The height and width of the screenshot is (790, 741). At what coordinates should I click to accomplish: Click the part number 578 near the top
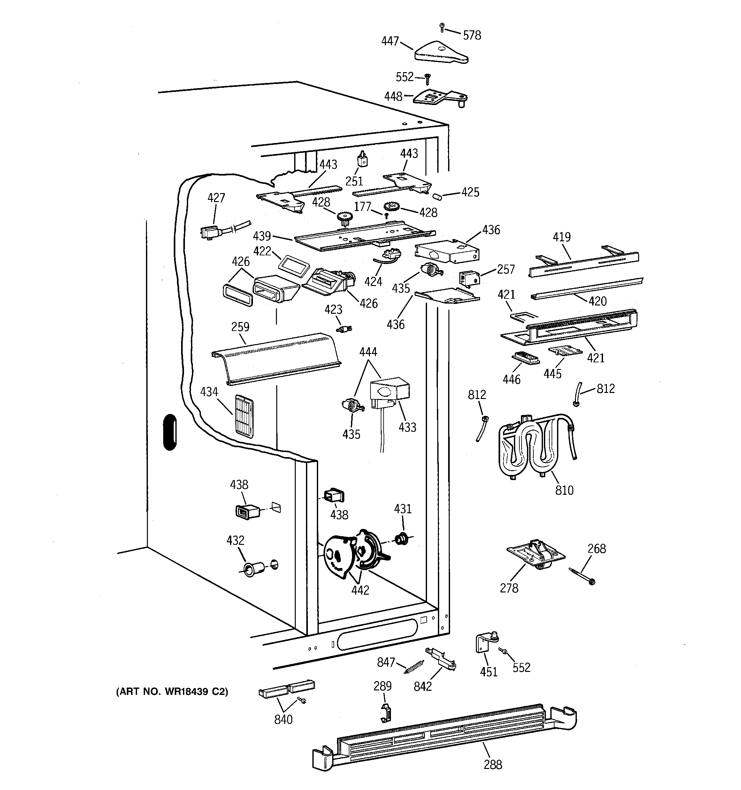click(472, 35)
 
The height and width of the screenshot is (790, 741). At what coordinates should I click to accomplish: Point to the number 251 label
click(354, 181)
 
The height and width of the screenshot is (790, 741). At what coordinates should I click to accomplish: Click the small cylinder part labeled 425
click(437, 197)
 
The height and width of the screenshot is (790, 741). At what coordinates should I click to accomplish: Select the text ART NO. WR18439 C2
click(172, 691)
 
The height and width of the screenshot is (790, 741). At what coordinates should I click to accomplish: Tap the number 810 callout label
click(564, 490)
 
